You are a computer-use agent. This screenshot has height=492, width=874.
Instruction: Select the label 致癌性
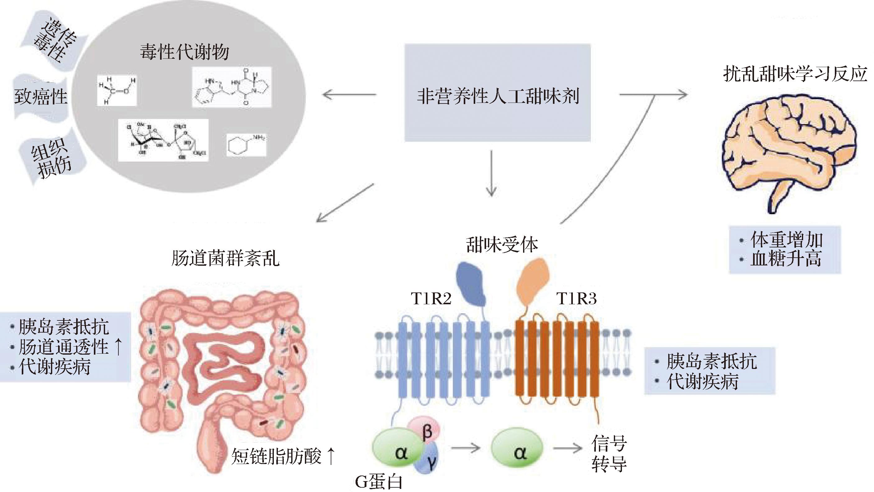[41, 97]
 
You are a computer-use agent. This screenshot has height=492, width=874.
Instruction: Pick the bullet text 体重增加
[786, 240]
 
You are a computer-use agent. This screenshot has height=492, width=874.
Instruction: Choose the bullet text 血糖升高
[786, 259]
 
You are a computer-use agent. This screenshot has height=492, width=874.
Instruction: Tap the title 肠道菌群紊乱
[225, 258]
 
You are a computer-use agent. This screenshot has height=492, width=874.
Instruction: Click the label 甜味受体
[502, 244]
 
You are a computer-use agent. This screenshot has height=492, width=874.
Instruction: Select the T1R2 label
[431, 299]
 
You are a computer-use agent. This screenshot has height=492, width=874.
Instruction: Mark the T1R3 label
[576, 299]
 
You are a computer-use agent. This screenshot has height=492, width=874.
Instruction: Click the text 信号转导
[609, 453]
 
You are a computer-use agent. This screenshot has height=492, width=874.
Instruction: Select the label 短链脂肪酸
[276, 456]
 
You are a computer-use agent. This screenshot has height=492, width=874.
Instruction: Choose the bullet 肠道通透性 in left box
[63, 347]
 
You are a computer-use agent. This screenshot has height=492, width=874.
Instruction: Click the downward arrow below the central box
[491, 173]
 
